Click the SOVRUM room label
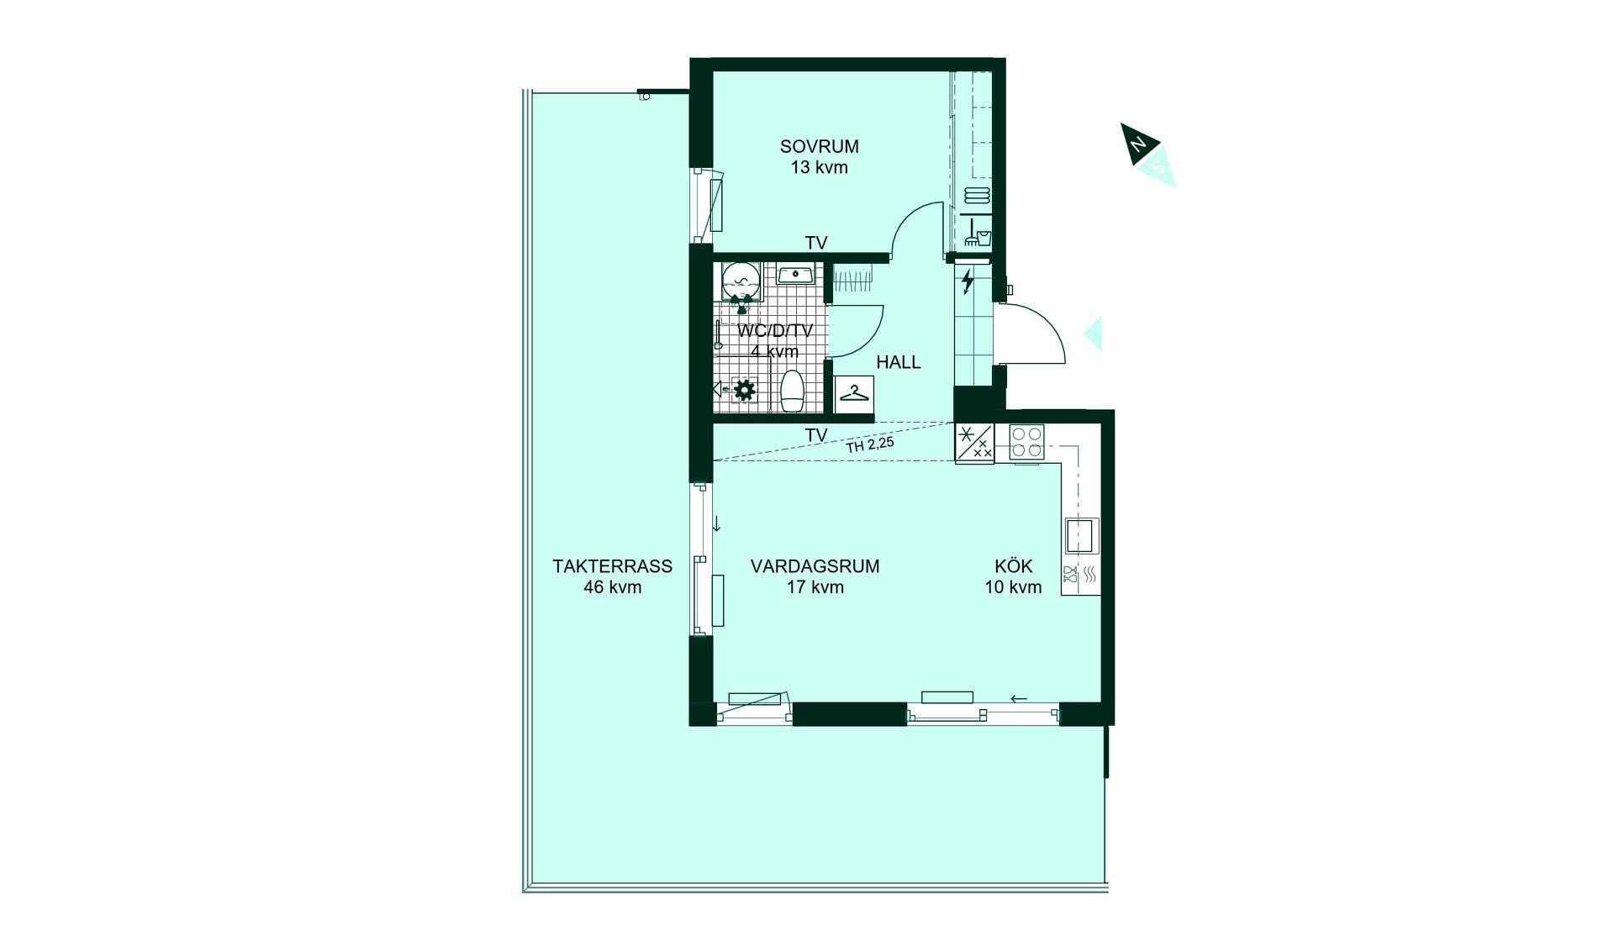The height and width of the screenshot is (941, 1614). (x=819, y=146)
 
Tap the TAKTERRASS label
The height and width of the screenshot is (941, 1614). (x=612, y=566)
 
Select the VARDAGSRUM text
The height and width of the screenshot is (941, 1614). (x=815, y=566)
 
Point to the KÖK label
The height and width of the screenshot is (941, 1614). (x=1013, y=565)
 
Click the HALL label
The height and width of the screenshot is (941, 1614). (x=898, y=362)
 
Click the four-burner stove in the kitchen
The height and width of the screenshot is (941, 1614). (x=1026, y=442)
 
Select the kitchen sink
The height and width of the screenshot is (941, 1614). (x=1079, y=535)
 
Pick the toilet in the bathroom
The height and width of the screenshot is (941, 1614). (x=793, y=392)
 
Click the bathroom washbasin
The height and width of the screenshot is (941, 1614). (x=795, y=275)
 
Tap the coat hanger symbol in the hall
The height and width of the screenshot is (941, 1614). (x=854, y=393)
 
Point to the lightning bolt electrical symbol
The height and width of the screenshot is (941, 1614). (x=968, y=281)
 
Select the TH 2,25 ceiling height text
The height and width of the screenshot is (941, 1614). (x=869, y=444)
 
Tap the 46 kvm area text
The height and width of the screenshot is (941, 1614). (x=612, y=587)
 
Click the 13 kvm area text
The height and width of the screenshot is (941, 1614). (x=819, y=167)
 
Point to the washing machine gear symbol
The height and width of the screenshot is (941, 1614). (x=744, y=390)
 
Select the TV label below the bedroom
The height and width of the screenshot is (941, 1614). (x=816, y=243)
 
